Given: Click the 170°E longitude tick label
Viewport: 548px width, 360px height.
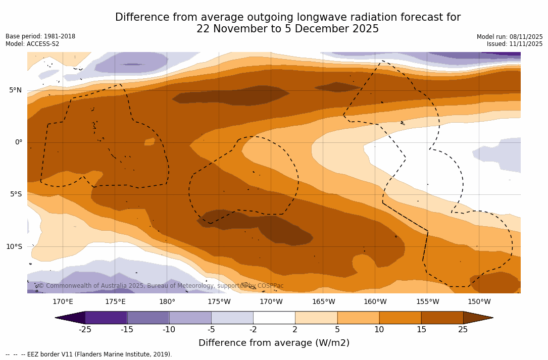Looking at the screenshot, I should click(x=63, y=302).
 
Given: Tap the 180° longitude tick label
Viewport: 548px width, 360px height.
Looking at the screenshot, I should click(x=167, y=302).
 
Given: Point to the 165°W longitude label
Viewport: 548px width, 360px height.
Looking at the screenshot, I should click(x=323, y=302).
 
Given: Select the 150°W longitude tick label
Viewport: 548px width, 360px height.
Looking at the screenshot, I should click(x=479, y=302).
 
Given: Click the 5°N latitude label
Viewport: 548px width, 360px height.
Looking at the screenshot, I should click(x=15, y=90).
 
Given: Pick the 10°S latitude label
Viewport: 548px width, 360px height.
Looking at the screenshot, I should click(x=14, y=247).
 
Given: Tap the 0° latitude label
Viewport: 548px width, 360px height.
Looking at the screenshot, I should click(x=18, y=142).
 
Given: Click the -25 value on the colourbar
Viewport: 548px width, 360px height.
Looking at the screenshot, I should click(x=85, y=330).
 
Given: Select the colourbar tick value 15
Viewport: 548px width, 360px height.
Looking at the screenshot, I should click(x=421, y=330).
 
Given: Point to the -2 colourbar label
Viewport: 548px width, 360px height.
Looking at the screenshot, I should click(x=253, y=330).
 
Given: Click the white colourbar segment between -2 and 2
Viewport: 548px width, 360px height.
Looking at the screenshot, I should click(x=274, y=318).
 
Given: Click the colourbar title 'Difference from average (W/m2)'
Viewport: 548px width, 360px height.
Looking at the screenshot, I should click(x=274, y=343).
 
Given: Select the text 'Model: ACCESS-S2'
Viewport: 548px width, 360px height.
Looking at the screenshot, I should click(x=32, y=44).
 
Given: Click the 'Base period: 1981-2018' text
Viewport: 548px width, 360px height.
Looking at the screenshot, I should click(x=40, y=36).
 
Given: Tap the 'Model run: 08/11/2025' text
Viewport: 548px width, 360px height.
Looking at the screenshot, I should click(x=510, y=37).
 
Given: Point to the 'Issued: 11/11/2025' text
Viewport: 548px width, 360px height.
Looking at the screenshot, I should click(x=515, y=44).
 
